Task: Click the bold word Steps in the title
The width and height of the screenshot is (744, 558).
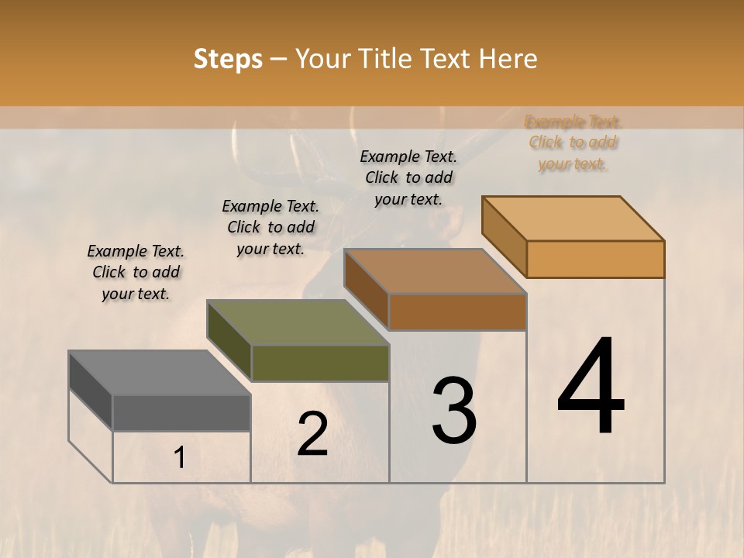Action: tap(228, 59)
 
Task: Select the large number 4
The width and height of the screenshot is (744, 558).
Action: tap(591, 387)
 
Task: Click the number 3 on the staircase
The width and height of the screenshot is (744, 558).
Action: tap(453, 412)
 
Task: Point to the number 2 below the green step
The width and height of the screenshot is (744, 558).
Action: tap(312, 434)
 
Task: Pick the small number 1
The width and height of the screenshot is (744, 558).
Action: tap(180, 458)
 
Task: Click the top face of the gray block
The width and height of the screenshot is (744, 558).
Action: tap(160, 373)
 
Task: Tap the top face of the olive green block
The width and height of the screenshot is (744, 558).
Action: tap(298, 322)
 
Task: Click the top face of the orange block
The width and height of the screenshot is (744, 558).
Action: tap(573, 219)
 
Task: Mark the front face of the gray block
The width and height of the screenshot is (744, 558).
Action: tap(181, 413)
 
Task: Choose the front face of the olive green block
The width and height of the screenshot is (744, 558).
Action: tap(320, 363)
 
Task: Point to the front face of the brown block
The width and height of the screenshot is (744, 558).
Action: tap(457, 312)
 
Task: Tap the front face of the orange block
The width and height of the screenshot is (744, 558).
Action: tap(595, 259)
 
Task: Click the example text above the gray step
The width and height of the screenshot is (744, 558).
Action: tap(136, 272)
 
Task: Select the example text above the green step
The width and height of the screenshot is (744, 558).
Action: tap(270, 227)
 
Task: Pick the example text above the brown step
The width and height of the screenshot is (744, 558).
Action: tap(408, 177)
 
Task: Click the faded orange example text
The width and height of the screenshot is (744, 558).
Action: tap(573, 143)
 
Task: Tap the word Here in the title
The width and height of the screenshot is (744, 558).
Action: tap(509, 59)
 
